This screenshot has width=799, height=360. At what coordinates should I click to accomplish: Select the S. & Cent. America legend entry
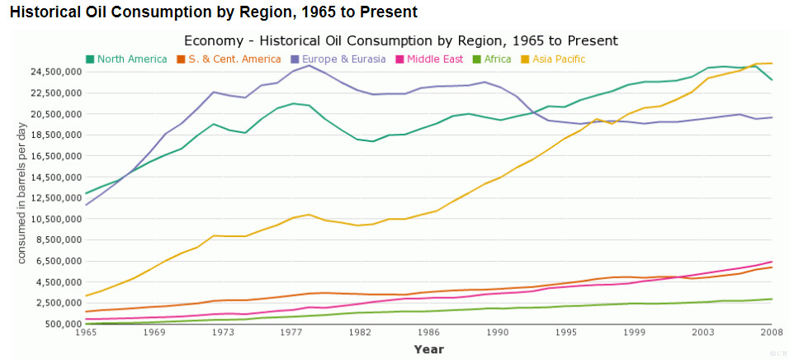click(229, 59)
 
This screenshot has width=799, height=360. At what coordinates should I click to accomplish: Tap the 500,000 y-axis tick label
click(62, 324)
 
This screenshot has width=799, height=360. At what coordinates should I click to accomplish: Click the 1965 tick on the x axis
click(86, 332)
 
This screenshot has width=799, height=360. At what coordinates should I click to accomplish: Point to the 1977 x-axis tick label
click(291, 332)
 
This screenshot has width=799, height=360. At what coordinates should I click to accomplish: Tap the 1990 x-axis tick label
click(497, 332)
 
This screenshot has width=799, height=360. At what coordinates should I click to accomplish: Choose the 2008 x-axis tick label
click(771, 332)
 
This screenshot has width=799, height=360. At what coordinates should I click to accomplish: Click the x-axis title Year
click(428, 349)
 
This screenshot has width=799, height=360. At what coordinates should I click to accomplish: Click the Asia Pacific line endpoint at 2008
click(772, 64)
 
